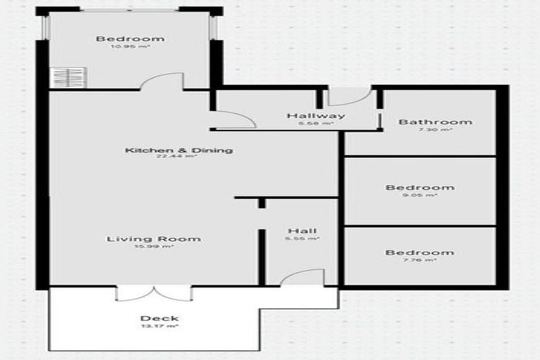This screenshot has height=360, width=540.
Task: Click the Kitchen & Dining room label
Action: point(179,150)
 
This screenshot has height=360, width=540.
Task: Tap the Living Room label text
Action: point(154,239)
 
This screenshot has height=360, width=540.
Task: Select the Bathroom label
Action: point(425,122)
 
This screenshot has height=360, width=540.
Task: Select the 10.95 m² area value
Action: point(130,47)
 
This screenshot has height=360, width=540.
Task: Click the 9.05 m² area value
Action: point(420,195)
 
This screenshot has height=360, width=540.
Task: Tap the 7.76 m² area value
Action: point(420,260)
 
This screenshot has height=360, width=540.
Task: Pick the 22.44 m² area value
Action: point(179,157)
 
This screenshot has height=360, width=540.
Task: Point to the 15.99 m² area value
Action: point(154,247)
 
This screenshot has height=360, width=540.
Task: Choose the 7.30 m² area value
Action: point(425,129)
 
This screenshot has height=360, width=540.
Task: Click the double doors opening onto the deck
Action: point(153,292)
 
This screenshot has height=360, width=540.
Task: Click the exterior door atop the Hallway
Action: point(349,97)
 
